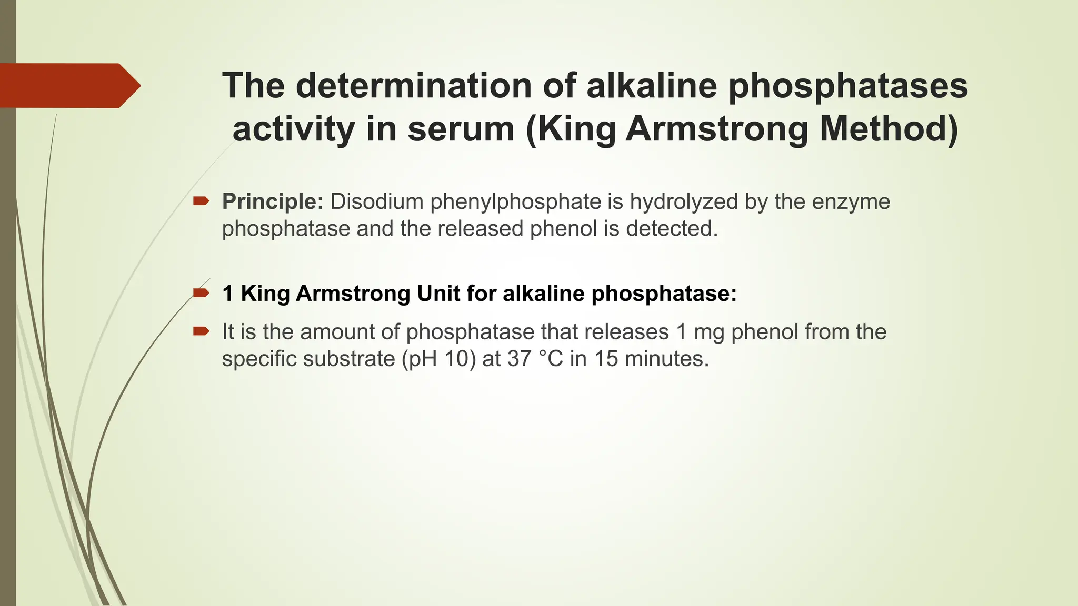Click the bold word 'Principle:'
[273, 201]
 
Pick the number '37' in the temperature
[519, 359]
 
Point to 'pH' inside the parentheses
[423, 359]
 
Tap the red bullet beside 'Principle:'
[201, 200]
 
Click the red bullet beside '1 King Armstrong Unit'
[201, 292]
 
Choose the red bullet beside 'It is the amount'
[201, 331]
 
